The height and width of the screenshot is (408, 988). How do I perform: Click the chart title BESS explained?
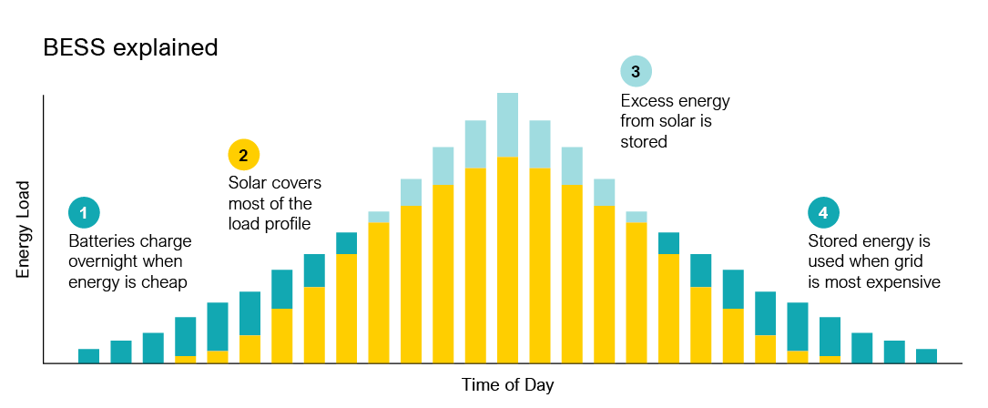point(130,47)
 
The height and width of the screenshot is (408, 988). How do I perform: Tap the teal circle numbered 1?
point(84,213)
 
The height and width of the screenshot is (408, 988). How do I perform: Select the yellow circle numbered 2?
point(243,155)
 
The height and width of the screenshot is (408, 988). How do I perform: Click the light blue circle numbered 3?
point(636,70)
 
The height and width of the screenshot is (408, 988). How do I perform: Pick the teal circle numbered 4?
point(823,213)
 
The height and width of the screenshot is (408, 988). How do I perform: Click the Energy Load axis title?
point(25,229)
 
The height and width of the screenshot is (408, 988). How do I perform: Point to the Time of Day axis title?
point(507,384)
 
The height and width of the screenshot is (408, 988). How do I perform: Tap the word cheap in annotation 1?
point(168,282)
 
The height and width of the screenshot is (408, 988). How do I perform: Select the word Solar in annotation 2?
point(247,183)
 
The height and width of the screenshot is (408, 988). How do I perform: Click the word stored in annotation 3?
point(644,141)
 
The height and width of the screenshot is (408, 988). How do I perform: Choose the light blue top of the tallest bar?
point(507,125)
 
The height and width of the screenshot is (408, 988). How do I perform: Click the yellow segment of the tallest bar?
point(507,260)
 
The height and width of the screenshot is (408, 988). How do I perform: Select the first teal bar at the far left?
point(88,356)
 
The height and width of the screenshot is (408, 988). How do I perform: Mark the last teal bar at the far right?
point(926,356)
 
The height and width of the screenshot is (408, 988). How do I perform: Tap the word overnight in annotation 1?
point(101,262)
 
